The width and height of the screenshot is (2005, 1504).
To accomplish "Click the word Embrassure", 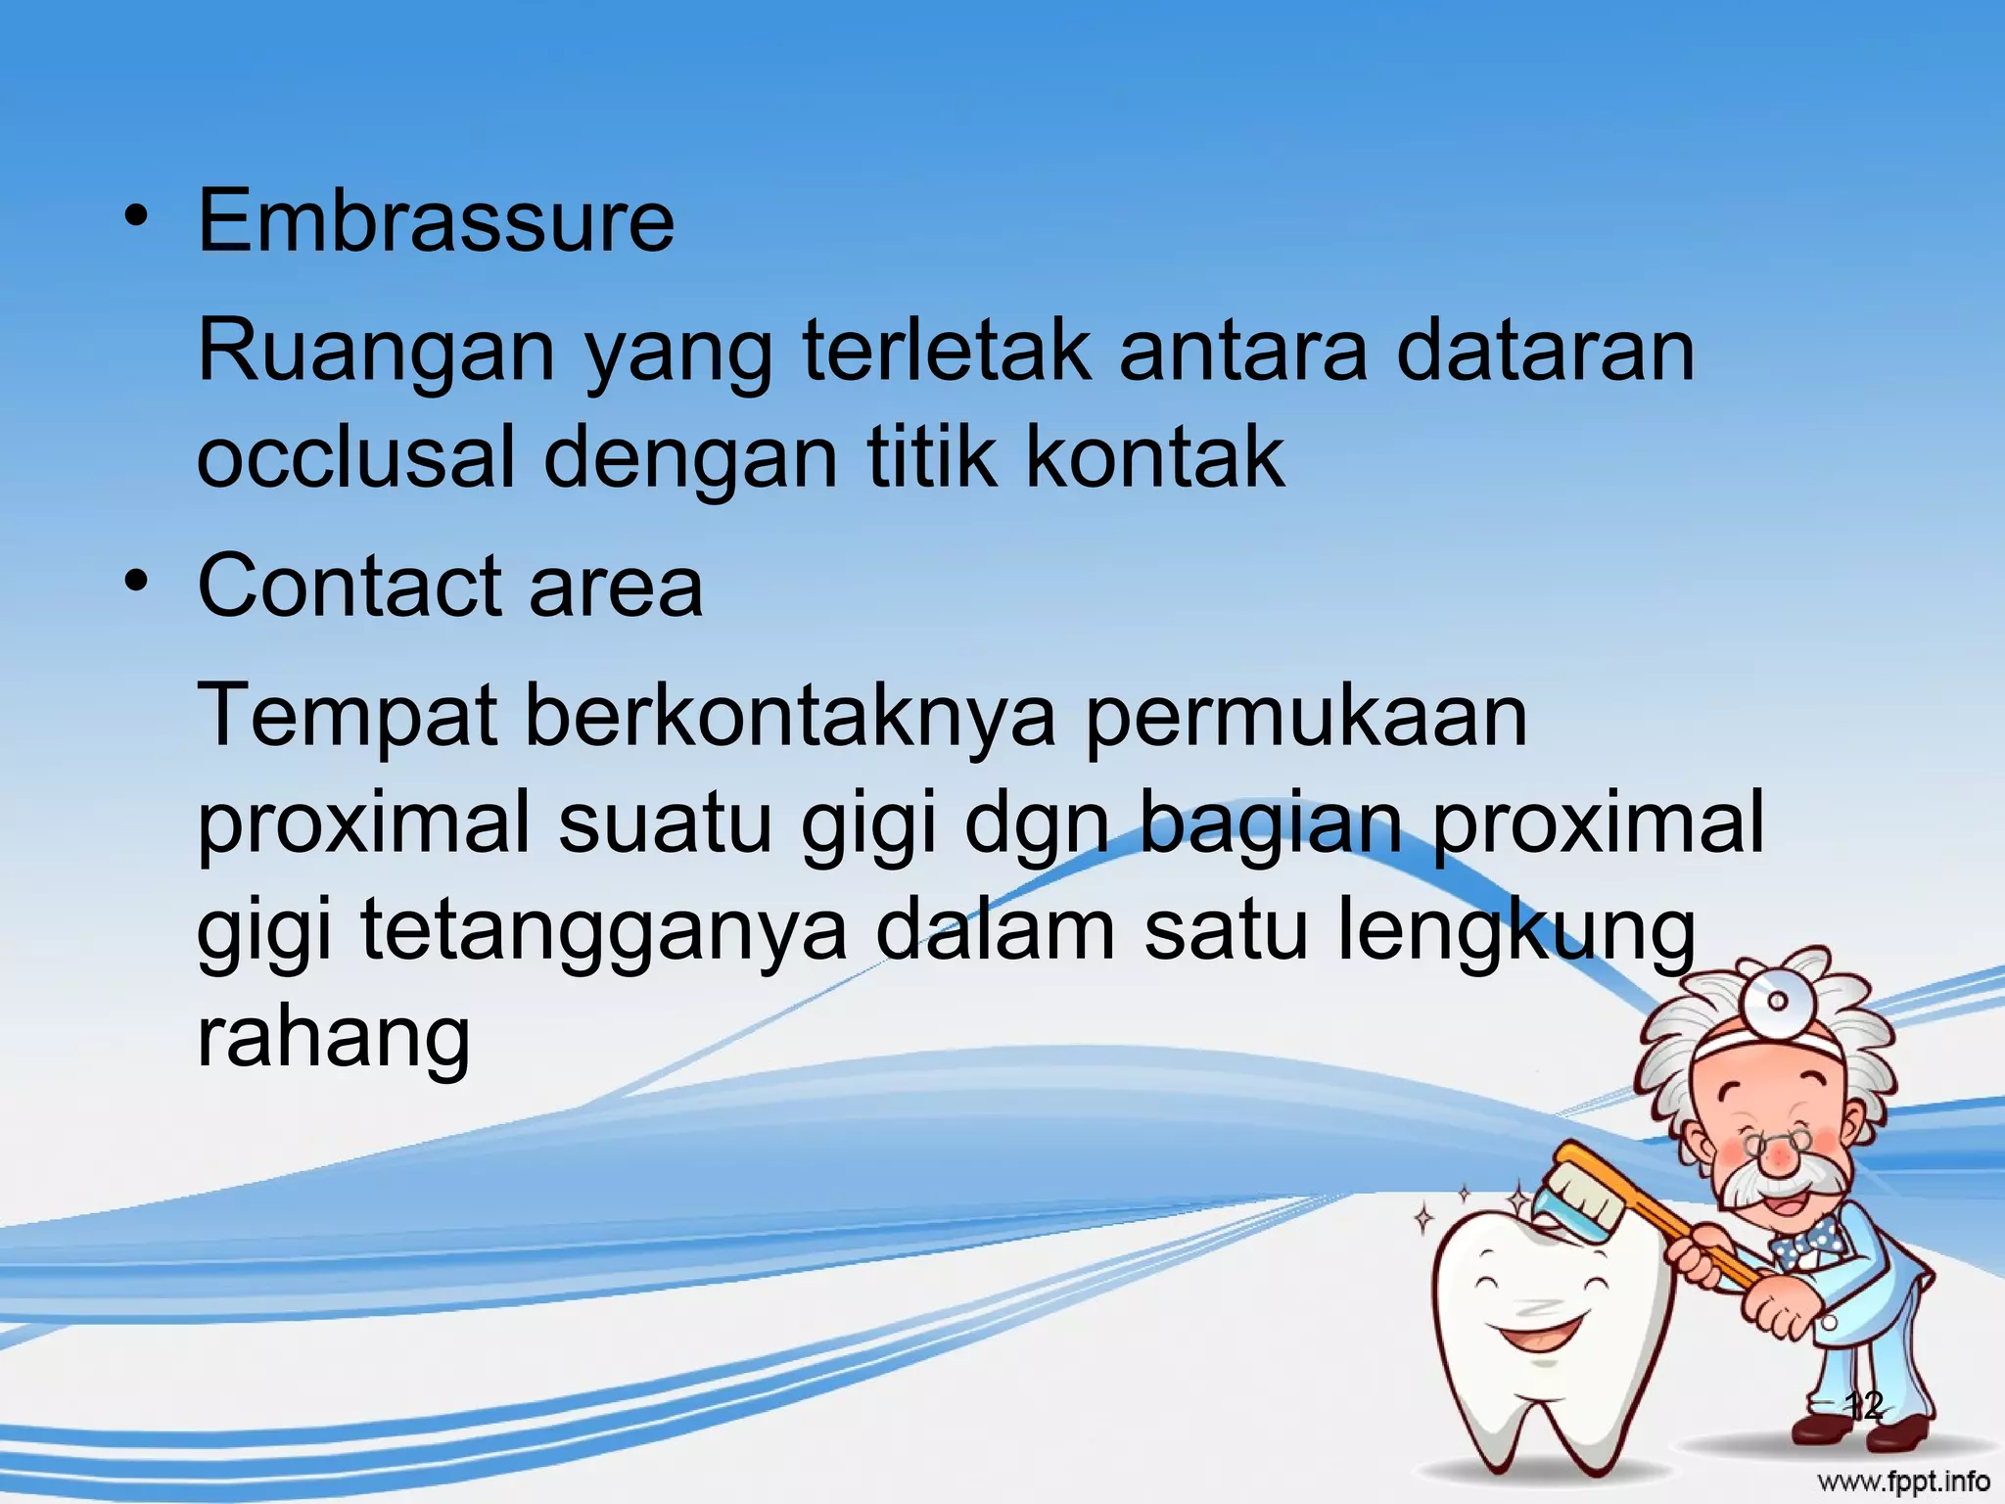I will point(436,221).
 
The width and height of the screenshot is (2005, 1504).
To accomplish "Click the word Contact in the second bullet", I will point(349,587).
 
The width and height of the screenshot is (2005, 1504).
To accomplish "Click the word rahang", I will point(334,1038).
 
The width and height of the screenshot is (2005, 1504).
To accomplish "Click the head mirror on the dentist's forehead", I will point(1777,1000).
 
